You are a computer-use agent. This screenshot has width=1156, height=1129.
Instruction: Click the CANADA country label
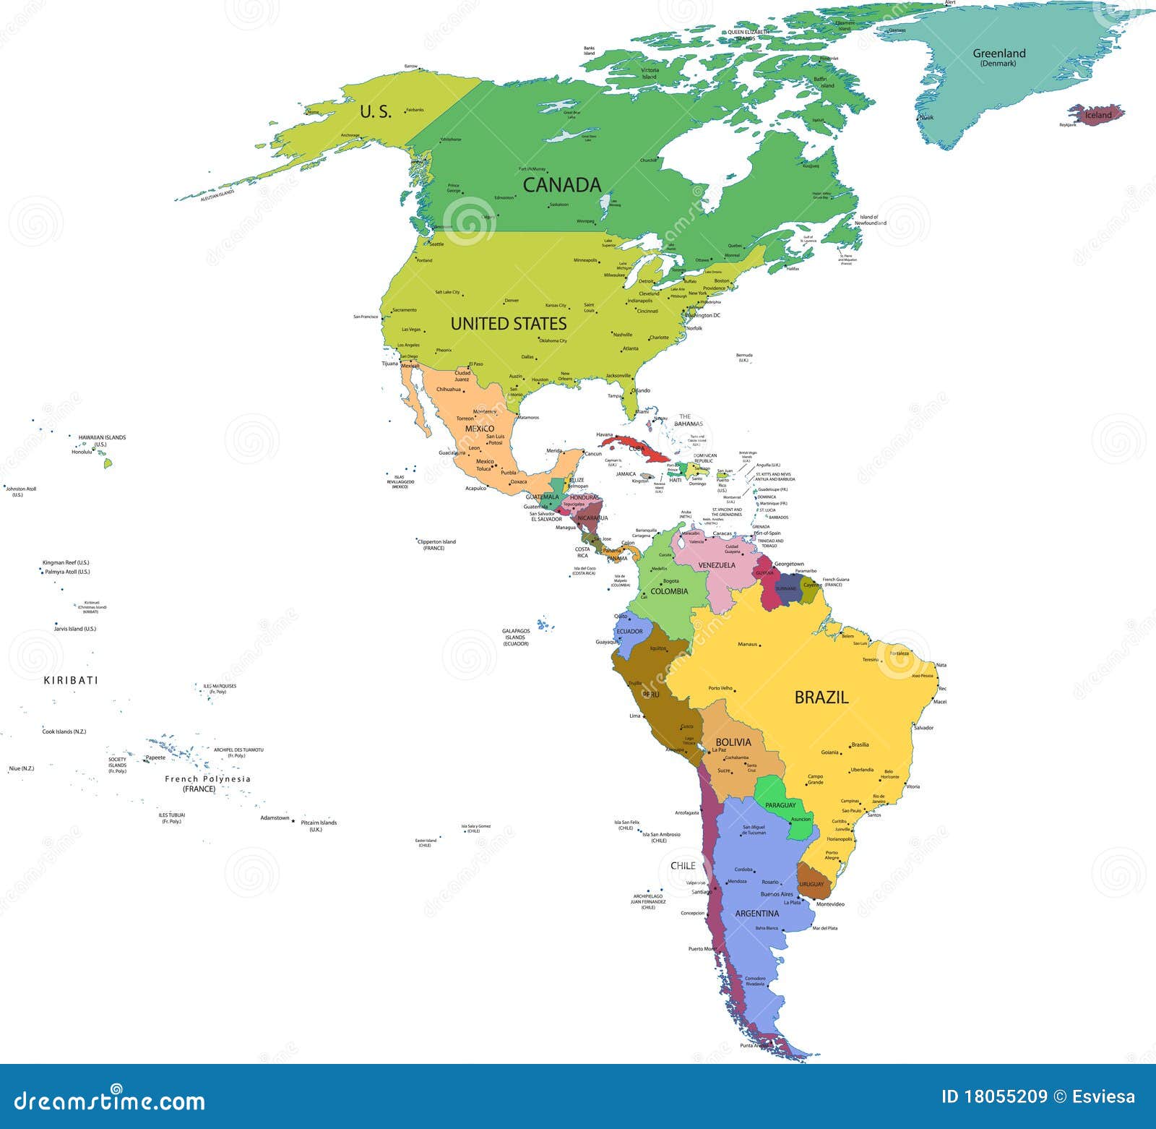(562, 185)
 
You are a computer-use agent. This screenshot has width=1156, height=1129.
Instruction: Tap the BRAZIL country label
(821, 697)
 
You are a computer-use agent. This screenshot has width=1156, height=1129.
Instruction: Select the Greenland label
(998, 54)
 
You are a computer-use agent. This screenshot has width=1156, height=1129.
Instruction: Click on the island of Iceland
(1097, 114)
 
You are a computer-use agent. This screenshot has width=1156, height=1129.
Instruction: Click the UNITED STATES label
(509, 324)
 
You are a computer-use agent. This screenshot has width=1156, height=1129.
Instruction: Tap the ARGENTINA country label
(756, 914)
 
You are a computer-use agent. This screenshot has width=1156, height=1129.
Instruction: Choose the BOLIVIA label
(733, 742)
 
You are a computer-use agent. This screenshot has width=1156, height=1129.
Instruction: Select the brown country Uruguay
(812, 884)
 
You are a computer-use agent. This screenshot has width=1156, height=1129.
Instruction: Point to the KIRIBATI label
(71, 680)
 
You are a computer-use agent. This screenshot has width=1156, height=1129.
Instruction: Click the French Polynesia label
(207, 779)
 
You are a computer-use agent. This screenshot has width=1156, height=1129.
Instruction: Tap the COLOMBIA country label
(669, 591)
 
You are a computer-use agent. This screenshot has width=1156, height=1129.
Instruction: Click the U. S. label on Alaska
(376, 112)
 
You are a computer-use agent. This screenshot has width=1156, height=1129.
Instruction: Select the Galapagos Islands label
(516, 637)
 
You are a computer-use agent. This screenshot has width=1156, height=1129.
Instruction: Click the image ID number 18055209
(1005, 1096)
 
